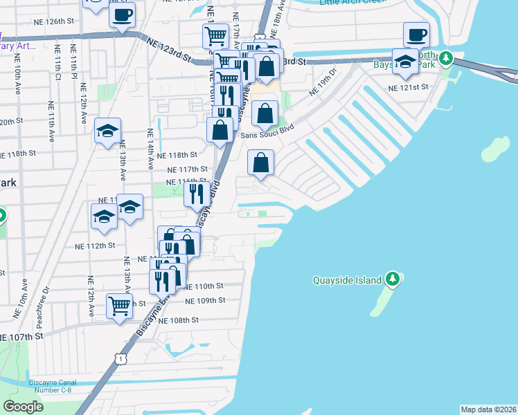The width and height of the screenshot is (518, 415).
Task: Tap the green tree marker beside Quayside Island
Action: click(393, 279)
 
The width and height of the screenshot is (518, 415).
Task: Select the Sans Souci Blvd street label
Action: click(267, 135)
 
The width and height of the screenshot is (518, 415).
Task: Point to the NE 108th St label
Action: click(178, 320)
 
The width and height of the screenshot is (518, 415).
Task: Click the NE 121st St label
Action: click(409, 88)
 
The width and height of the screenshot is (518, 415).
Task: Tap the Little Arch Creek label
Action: click(351, 3)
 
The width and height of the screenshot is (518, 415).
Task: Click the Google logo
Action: click(23, 407)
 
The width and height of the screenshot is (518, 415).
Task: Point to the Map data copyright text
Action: click(488, 409)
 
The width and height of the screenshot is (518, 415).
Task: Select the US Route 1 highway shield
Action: click(121, 358)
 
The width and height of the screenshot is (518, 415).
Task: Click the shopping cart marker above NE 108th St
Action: click(119, 304)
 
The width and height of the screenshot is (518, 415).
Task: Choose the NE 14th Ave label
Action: click(150, 149)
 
